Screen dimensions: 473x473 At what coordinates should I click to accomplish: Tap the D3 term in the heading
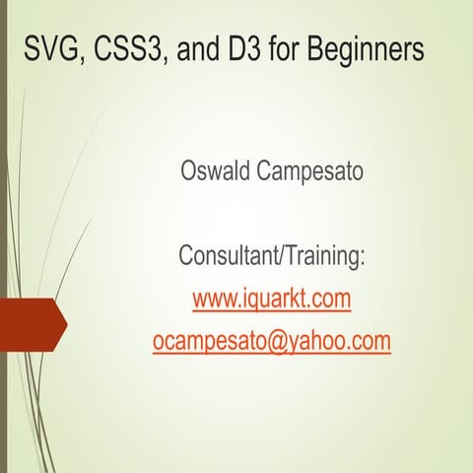click(x=247, y=48)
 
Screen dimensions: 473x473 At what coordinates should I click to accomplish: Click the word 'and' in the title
click(x=200, y=48)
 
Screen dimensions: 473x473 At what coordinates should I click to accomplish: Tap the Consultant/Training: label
click(x=271, y=257)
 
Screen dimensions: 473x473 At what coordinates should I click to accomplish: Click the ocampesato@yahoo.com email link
click(x=271, y=341)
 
